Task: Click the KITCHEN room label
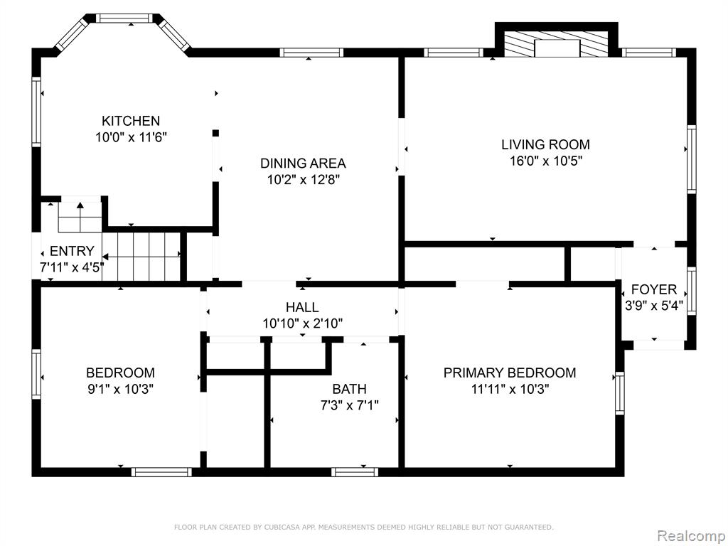(x=131, y=121)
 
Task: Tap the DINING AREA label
(x=303, y=164)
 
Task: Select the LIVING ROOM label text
(x=545, y=144)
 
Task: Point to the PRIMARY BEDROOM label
(x=510, y=373)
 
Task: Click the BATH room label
(x=349, y=389)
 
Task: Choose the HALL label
(x=302, y=307)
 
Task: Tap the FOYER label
(x=654, y=290)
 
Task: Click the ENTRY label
(x=72, y=251)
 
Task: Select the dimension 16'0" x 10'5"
(x=545, y=161)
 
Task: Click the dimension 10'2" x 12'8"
(x=304, y=180)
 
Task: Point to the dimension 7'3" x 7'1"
(x=350, y=405)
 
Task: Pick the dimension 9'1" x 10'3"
(x=121, y=389)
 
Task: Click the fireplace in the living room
(x=557, y=45)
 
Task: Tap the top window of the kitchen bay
(x=124, y=18)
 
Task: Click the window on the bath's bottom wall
(x=355, y=472)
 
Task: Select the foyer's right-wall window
(x=691, y=291)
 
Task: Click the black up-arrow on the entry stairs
(x=80, y=205)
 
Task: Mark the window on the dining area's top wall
(x=311, y=53)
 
